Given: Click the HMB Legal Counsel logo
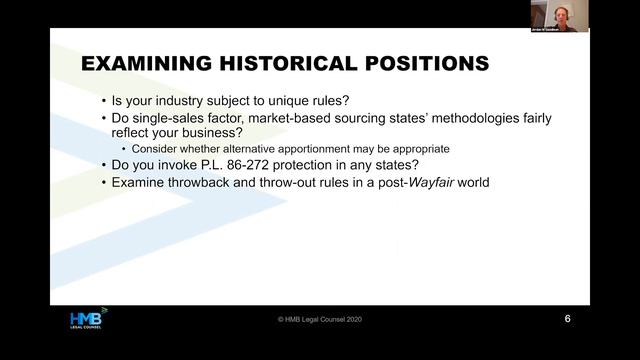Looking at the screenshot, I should point(87,319).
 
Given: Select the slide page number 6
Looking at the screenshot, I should point(568,319).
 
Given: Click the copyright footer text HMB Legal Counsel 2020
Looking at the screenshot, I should point(319,320).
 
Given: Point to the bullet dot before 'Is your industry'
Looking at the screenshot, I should point(105,102).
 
